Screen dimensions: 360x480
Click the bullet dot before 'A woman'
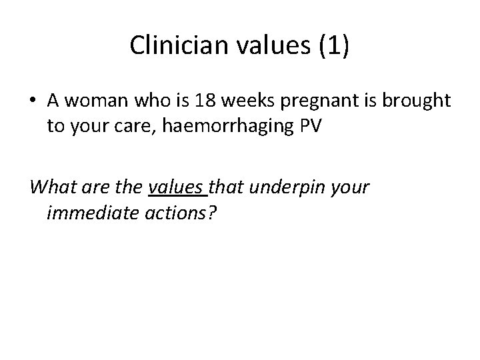coord(33,101)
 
